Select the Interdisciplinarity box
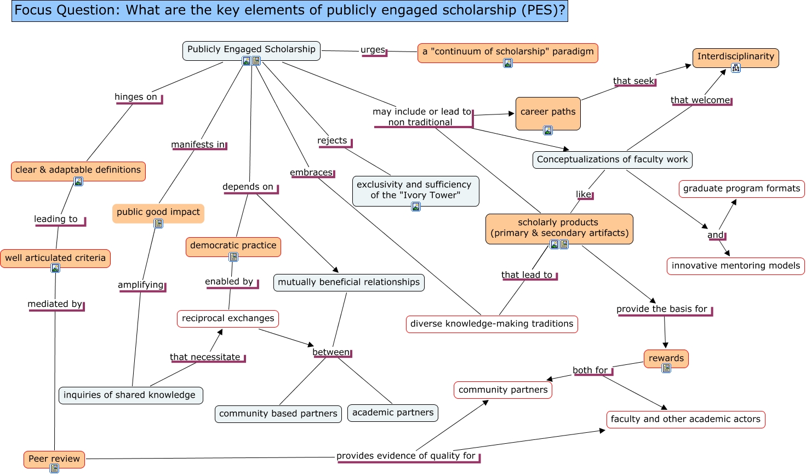735,56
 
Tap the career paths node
547,112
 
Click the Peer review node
54,459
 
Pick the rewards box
666,358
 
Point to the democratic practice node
233,245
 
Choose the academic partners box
392,413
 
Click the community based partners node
278,414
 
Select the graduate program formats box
741,188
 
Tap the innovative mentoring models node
735,266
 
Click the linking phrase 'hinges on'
136,97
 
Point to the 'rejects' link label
332,141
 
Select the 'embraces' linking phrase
311,173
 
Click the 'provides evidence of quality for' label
406,456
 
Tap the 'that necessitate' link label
205,357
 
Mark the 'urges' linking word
373,50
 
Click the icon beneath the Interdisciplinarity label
736,68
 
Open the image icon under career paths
548,130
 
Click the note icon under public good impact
158,224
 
